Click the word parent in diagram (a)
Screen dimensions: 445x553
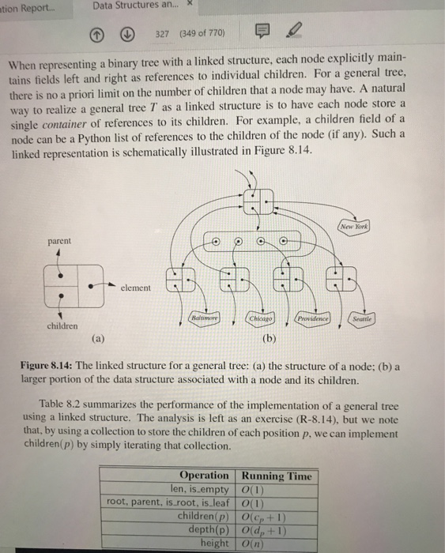click(59, 240)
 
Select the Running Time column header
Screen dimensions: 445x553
click(276, 476)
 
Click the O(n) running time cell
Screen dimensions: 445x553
click(254, 543)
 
